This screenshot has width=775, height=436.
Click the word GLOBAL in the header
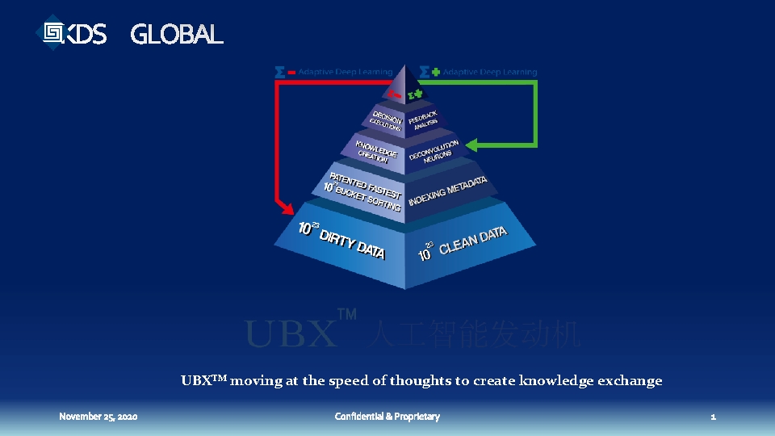[x=176, y=35]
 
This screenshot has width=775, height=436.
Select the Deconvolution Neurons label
[x=434, y=151]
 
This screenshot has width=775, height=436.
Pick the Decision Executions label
[x=387, y=119]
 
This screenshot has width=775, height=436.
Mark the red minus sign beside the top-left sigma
[x=291, y=72]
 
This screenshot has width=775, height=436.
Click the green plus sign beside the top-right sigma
[x=436, y=72]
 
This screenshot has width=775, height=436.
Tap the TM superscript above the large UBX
[x=346, y=315]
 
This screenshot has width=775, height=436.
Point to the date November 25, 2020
[x=98, y=417]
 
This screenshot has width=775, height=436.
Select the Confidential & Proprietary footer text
[x=387, y=417]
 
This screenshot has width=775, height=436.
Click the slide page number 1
[x=713, y=417]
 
